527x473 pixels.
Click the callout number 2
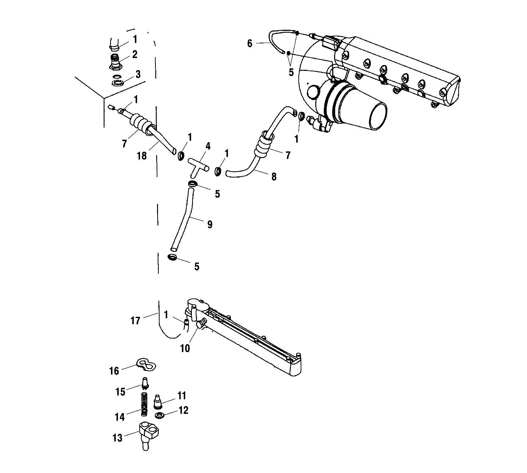tap(135, 54)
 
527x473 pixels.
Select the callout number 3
tap(138, 74)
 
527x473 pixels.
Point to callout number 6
tap(250, 44)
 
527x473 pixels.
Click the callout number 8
tap(274, 177)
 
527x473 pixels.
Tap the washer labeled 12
tap(160, 415)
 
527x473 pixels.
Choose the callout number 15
tap(121, 392)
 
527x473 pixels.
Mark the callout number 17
tap(135, 321)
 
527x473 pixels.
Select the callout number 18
tap(141, 156)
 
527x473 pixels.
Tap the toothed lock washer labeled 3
tap(118, 82)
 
